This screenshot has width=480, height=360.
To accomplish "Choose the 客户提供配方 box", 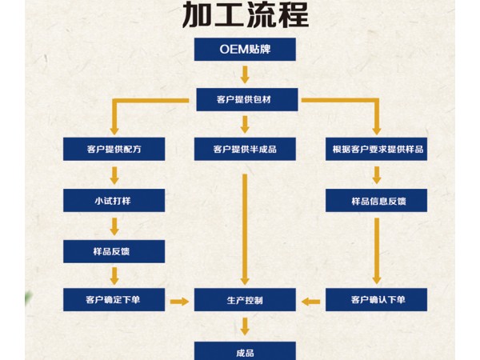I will pyautogui.click(x=114, y=150).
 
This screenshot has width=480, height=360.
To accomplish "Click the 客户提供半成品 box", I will pyautogui.click(x=245, y=150).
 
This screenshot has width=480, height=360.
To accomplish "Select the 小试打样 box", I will pyautogui.click(x=114, y=200).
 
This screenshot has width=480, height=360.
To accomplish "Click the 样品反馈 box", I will pyautogui.click(x=114, y=251).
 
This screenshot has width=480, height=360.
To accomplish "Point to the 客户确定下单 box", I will pyautogui.click(x=114, y=301).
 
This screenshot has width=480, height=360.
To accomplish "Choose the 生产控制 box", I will pyautogui.click(x=245, y=301).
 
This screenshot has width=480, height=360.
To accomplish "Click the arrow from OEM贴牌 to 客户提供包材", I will pyautogui.click(x=245, y=74).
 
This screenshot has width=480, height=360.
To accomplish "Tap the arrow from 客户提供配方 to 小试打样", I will pyautogui.click(x=114, y=174).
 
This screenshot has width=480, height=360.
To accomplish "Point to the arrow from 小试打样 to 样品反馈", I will pyautogui.click(x=114, y=226).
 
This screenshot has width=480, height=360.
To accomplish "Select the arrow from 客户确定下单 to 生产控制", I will pyautogui.click(x=180, y=302).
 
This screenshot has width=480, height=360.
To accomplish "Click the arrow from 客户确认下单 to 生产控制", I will pyautogui.click(x=311, y=302).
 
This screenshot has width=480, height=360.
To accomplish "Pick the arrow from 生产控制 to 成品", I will pyautogui.click(x=245, y=326).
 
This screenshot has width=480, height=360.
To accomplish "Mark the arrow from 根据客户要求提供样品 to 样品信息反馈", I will pyautogui.click(x=377, y=174).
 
